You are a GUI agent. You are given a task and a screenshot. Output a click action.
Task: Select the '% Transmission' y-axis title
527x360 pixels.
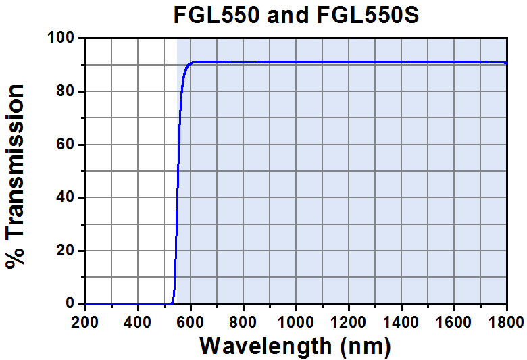click(x=16, y=177)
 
